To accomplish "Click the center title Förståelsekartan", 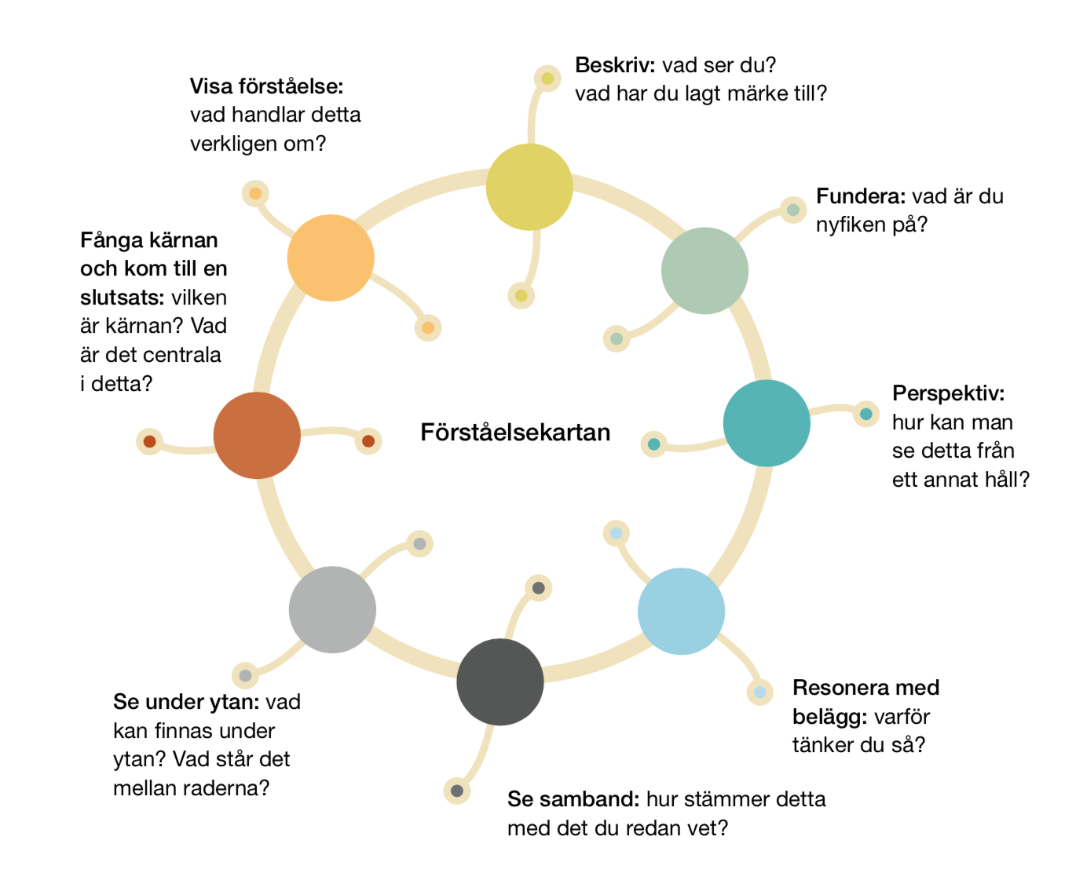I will pyautogui.click(x=515, y=433).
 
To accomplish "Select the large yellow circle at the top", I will pyautogui.click(x=529, y=187).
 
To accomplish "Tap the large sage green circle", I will pyautogui.click(x=705, y=271).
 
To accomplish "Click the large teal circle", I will pyautogui.click(x=767, y=423).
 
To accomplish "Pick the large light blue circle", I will pyautogui.click(x=681, y=612).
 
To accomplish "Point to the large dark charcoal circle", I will pyautogui.click(x=500, y=681).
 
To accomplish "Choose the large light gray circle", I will pyautogui.click(x=332, y=609).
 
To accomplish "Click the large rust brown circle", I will pyautogui.click(x=257, y=435).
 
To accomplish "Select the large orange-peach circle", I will pyautogui.click(x=331, y=258).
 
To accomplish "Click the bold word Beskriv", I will pyautogui.click(x=615, y=65).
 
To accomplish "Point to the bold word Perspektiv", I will pyautogui.click(x=948, y=393).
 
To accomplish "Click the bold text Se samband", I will pyautogui.click(x=573, y=799).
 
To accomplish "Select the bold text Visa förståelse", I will pyautogui.click(x=267, y=86).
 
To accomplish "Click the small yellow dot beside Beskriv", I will pyautogui.click(x=547, y=78).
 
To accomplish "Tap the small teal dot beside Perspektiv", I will pyautogui.click(x=866, y=414).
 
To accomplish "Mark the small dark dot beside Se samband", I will pyautogui.click(x=457, y=791).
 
